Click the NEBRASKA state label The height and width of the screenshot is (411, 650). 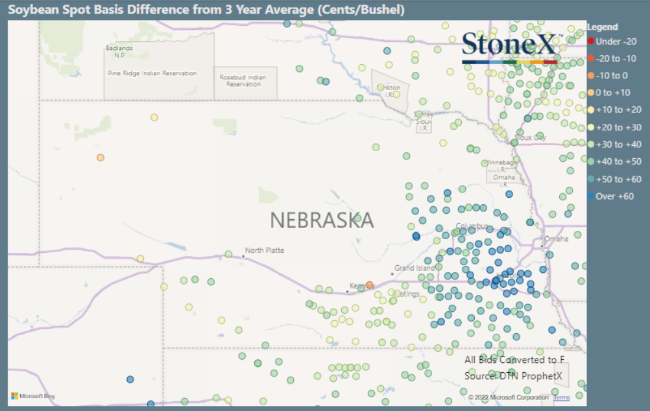click(x=322, y=220)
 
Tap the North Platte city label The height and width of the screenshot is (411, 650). click(x=264, y=250)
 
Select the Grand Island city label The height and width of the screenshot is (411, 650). click(x=415, y=268)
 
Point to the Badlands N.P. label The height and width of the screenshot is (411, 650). click(x=119, y=51)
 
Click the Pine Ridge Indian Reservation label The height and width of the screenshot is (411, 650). click(x=152, y=73)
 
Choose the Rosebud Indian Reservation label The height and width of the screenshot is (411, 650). click(x=243, y=80)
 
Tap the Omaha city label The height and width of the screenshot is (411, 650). click(x=556, y=239)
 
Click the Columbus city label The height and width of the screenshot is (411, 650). click(x=472, y=226)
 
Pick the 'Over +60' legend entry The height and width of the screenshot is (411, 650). click(x=614, y=196)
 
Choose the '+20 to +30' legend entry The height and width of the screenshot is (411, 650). click(x=618, y=127)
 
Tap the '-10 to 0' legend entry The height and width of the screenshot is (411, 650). click(x=612, y=75)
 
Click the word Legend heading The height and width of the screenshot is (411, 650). click(x=602, y=27)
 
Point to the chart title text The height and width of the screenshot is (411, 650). click(x=206, y=10)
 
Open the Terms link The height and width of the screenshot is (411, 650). click(x=561, y=397)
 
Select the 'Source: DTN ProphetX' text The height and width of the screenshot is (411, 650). click(x=512, y=375)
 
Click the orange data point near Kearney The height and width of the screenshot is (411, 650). click(x=370, y=285)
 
